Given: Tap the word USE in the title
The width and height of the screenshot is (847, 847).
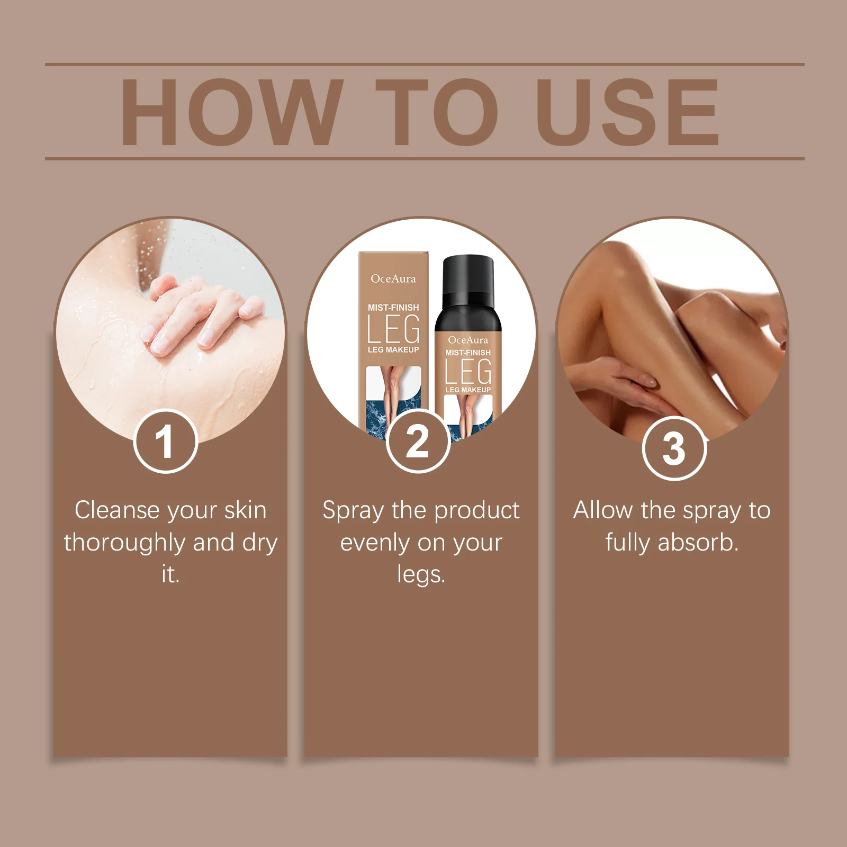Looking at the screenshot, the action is coord(628,112).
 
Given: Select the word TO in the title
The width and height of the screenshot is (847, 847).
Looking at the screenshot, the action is coord(437,112).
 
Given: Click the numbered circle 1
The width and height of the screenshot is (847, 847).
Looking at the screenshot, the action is coord(166,441).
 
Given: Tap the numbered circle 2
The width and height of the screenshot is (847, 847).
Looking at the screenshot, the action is coord(418,441).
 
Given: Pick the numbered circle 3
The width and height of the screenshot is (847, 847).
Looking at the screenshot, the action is coord(674,448).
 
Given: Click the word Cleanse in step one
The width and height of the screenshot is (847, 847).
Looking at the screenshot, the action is coord(117,510).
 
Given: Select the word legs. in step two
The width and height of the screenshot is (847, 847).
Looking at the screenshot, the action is coord(421,575).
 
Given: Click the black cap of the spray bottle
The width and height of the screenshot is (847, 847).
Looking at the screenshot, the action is coord(468,281).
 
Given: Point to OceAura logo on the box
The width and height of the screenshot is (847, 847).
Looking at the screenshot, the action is coord(393,278).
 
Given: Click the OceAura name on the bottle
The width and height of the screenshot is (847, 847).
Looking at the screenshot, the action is coord(468,340).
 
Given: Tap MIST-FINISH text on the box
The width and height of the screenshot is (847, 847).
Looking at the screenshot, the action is coord(393,308).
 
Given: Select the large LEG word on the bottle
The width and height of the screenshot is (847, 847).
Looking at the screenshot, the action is coord(468,371).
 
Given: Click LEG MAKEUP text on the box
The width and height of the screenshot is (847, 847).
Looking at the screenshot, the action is coord(393,350).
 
